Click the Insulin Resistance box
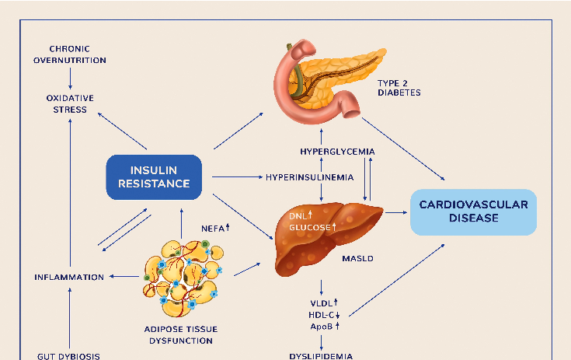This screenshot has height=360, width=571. (153, 177)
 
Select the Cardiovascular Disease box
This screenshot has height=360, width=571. (473, 211)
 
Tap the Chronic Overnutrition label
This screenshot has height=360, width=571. (70, 54)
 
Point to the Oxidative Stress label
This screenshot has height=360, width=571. (70, 103)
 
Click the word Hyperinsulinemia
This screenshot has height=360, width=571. (309, 177)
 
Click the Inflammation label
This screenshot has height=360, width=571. (69, 277)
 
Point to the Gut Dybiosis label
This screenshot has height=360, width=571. (69, 356)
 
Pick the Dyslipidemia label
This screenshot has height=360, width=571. (321, 356)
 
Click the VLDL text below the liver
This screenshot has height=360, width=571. (322, 302)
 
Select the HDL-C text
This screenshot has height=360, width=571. (322, 314)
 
